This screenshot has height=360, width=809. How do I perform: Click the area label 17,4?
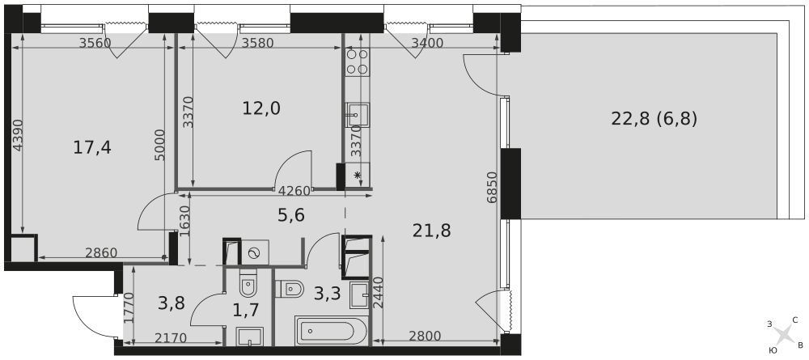92,148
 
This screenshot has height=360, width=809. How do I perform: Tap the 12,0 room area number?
261,108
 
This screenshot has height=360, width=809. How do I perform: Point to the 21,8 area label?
431,231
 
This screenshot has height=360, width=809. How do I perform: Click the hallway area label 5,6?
291,214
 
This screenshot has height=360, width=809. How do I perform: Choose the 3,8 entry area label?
172,303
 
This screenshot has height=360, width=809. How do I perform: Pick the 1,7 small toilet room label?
246,310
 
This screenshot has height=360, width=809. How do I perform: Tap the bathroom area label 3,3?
328,294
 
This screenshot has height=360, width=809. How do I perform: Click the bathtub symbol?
331,331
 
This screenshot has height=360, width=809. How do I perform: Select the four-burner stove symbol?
357,61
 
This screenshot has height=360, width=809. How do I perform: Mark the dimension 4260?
294,191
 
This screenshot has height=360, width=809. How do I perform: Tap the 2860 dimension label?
102,252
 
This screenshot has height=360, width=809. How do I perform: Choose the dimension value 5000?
159,145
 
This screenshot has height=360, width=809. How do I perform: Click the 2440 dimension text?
378,293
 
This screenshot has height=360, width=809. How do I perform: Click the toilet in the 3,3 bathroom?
289,289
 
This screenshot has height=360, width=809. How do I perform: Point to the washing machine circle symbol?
254,252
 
